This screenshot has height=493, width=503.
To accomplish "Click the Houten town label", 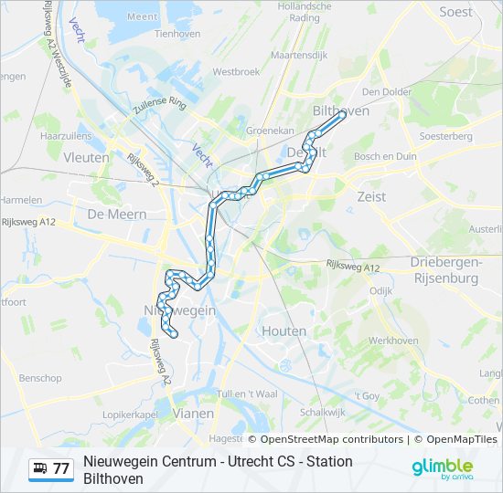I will tap(285, 330).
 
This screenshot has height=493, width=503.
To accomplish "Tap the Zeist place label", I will tap(371, 196).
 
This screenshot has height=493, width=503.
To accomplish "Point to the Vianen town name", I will tap(193, 413).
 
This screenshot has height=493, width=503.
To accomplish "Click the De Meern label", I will tap(111, 214).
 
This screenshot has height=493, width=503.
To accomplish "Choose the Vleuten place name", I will tap(87, 157).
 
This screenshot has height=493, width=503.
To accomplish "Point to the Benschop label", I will tap(40, 378).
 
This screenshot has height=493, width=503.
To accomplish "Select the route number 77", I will tap(61, 469).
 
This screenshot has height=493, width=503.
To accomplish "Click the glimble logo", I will tap(442, 467).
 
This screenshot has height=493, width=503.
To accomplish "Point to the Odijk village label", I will tap(380, 290).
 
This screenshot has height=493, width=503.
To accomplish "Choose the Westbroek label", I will tap(236, 71).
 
